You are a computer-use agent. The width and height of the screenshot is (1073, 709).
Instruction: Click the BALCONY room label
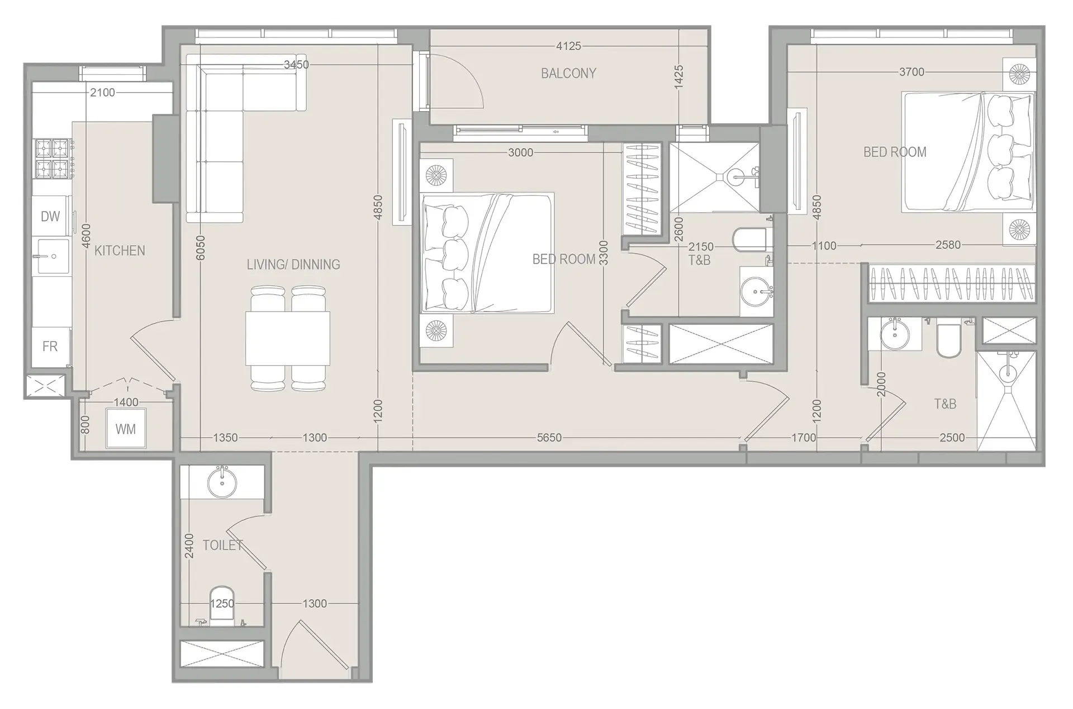point(568,73)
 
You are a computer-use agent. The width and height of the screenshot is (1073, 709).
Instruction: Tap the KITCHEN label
point(120,251)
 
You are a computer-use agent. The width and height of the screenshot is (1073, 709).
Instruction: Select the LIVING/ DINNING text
point(293,265)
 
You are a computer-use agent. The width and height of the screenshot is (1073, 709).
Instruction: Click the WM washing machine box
point(126,429)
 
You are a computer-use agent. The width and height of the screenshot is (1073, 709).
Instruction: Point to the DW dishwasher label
point(50,217)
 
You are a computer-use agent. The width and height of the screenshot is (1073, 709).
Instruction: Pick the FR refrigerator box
point(50,347)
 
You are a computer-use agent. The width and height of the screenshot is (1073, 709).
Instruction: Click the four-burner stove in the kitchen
point(53,158)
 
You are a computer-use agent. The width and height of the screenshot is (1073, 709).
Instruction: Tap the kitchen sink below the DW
point(53,256)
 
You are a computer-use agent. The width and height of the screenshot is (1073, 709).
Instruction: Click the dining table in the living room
point(287,338)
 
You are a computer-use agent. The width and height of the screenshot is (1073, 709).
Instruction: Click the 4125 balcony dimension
point(568,46)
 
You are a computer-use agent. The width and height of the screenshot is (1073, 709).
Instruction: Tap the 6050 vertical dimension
point(201,247)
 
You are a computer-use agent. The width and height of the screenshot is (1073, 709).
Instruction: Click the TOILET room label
point(222,545)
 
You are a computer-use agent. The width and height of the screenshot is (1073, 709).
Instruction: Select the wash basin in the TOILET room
point(222,483)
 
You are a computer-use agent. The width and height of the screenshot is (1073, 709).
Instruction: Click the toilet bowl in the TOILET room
point(222,604)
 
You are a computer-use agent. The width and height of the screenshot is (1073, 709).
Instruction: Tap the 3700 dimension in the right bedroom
point(911,72)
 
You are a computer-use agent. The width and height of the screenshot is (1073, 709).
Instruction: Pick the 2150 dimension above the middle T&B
point(701,247)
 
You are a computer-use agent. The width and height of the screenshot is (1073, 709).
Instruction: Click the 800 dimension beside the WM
point(85,425)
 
